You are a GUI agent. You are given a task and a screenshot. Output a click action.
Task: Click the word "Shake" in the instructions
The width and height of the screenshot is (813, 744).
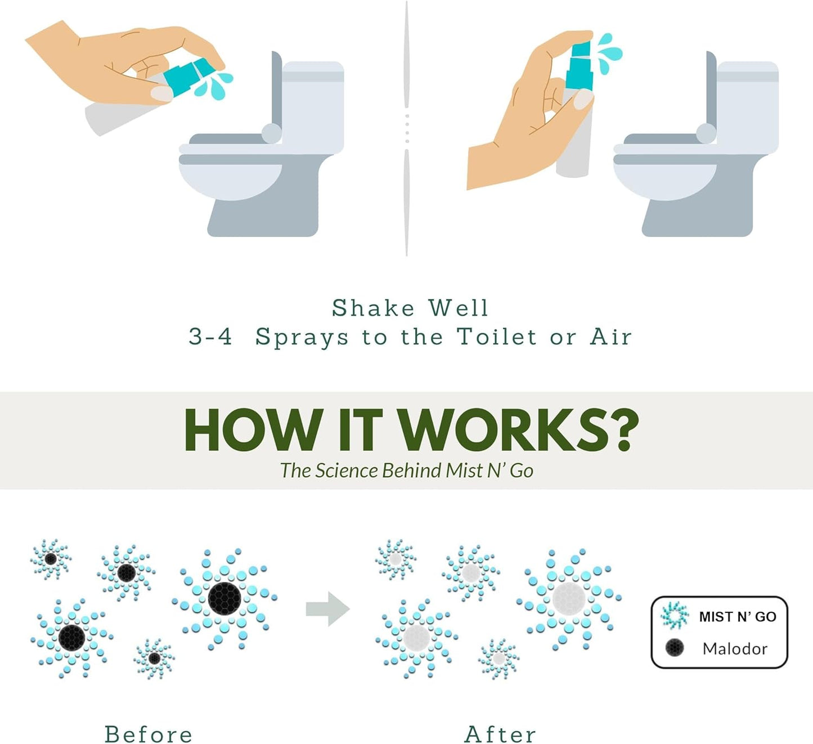click(372, 308)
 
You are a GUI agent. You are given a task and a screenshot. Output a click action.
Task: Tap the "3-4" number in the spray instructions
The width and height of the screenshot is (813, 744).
click(210, 337)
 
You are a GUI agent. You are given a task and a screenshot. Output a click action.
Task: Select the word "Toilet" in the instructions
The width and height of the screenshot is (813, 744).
click(496, 337)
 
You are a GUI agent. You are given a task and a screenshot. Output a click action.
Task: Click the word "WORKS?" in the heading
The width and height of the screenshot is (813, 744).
click(518, 431)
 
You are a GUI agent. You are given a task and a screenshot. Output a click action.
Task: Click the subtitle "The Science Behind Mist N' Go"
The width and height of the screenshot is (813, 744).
click(406, 470)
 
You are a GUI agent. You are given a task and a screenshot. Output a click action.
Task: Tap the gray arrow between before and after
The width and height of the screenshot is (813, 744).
click(327, 609)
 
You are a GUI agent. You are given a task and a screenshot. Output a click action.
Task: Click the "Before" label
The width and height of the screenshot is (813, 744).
click(148, 734)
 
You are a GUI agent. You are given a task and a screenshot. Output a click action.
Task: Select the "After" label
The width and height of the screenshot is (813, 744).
click(500, 734)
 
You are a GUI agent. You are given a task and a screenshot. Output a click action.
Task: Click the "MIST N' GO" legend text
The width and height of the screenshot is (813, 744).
click(737, 617)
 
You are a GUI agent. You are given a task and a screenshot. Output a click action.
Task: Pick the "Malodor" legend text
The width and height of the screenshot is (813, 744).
click(734, 649)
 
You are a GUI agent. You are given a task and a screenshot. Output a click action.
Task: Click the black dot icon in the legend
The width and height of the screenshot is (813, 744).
click(674, 648)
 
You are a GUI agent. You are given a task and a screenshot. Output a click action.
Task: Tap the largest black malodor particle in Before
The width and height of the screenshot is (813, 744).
click(224, 598)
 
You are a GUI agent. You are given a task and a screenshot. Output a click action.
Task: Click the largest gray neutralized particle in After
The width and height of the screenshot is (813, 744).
click(569, 598)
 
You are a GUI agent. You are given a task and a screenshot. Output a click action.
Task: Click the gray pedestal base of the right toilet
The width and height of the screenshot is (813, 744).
click(698, 217)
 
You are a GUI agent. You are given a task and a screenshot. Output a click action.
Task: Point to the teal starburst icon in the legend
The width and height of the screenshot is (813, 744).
click(674, 615)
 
